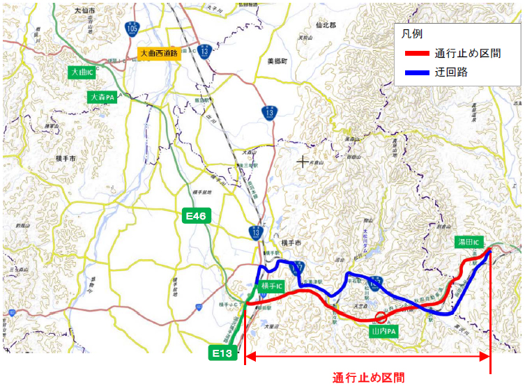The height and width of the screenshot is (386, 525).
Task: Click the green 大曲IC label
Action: pyautogui.click(x=82, y=72)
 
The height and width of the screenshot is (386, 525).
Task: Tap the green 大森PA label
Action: pyautogui.click(x=102, y=98)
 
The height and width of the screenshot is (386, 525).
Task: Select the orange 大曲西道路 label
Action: pyautogui.click(x=159, y=53)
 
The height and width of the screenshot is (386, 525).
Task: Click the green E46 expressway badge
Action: pyautogui.click(x=195, y=216)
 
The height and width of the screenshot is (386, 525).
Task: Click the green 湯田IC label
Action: pyautogui.click(x=469, y=242)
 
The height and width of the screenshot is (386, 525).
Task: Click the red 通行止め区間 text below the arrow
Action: pyautogui.click(x=368, y=378)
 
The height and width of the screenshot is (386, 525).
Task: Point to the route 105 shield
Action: pyautogui.click(x=132, y=29)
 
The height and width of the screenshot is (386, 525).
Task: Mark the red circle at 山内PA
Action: pyautogui.click(x=381, y=318)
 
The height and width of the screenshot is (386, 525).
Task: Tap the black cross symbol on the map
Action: pyautogui.click(x=302, y=162)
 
